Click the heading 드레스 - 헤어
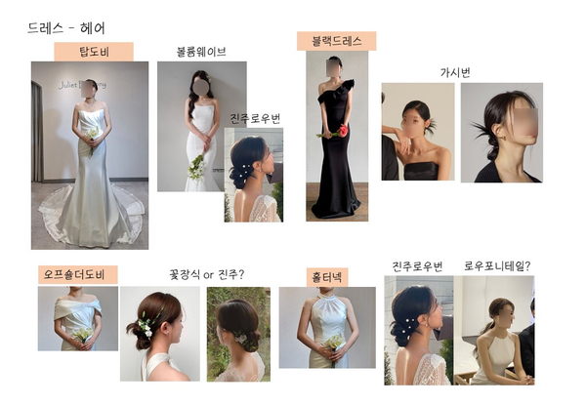pos(66,28)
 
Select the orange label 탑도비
pos(94,52)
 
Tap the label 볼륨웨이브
pos(201,52)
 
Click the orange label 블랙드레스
pos(336,41)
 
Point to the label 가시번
pos(455,72)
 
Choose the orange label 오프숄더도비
pos(78,275)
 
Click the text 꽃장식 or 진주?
pos(207,275)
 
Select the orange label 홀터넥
pos(327,277)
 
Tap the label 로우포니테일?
pos(497,266)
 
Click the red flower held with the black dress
pos(343,130)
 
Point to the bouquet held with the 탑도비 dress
pos(92,137)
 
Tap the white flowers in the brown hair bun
pos(145,326)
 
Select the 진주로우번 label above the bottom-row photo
pos(417,266)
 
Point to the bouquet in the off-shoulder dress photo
pos(83,335)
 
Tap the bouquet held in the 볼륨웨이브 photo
pos(197,167)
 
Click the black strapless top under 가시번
pos(421,172)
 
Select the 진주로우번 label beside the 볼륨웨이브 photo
pos(255,119)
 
